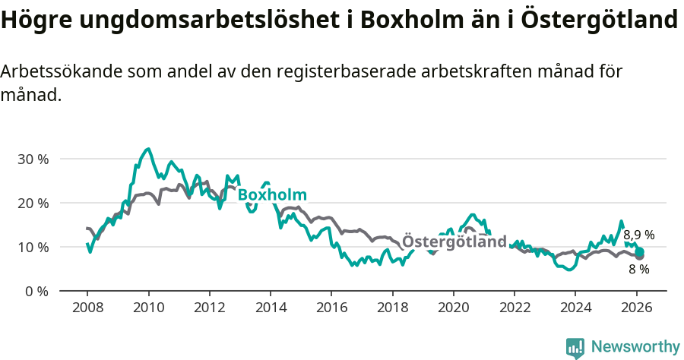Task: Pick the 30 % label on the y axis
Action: [x=33, y=159]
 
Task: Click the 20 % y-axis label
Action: [x=33, y=204]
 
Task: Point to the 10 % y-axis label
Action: [x=33, y=248]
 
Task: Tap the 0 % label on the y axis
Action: [x=36, y=291]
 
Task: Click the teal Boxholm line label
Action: [x=271, y=194]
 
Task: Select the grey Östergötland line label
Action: [x=454, y=242]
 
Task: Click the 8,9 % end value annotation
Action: [x=639, y=235]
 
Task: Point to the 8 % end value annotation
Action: [x=638, y=269]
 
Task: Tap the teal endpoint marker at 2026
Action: [x=640, y=251]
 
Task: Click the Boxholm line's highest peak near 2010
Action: [x=148, y=149]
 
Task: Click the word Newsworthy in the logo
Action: [x=635, y=347]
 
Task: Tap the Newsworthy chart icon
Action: [x=575, y=348]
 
